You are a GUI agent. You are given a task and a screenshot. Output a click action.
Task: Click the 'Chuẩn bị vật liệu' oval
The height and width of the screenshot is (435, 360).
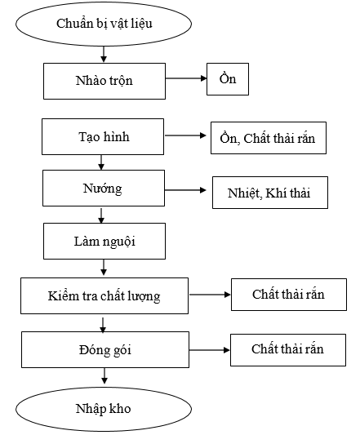click(x=104, y=24)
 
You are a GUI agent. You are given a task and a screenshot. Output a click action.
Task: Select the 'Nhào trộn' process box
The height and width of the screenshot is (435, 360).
click(x=104, y=81)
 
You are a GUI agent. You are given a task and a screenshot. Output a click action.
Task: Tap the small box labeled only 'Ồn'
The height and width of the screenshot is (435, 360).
click(x=228, y=79)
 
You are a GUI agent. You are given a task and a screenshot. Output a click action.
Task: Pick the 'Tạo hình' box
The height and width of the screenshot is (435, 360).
click(x=103, y=137)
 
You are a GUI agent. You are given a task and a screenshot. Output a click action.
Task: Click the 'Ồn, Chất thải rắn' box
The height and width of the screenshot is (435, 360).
click(x=269, y=138)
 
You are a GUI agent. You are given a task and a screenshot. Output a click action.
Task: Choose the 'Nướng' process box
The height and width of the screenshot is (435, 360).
click(x=104, y=188)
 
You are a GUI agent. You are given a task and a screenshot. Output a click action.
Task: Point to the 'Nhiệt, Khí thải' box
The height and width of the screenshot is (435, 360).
click(x=270, y=193)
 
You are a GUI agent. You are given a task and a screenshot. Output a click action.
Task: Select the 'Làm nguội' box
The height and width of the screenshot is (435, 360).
click(x=104, y=241)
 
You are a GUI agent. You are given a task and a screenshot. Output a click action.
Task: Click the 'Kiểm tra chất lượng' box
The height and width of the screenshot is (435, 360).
click(x=104, y=295)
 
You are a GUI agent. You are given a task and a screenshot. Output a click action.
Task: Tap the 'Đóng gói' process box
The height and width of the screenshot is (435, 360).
click(x=105, y=349)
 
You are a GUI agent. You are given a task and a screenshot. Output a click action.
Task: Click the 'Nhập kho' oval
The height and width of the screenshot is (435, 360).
click(x=104, y=409)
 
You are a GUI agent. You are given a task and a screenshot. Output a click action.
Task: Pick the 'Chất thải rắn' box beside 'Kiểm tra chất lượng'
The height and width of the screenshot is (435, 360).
click(x=289, y=295)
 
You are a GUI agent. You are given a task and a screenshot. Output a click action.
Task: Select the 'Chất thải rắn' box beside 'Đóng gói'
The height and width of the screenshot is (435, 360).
click(x=288, y=350)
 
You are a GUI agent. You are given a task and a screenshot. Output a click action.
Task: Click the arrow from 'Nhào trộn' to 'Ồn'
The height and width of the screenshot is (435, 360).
click(x=186, y=78)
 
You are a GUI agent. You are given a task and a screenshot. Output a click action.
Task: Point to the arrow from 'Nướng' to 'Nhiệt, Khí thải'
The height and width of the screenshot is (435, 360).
click(x=185, y=190)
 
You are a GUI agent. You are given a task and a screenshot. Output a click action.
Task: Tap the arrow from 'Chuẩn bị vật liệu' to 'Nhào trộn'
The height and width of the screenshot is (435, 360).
click(x=104, y=55)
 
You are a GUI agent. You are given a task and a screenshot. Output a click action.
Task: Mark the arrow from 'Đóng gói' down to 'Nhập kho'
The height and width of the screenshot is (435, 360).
click(x=104, y=376)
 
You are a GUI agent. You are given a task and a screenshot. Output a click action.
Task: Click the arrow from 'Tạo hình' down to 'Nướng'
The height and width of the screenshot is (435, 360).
click(x=101, y=162)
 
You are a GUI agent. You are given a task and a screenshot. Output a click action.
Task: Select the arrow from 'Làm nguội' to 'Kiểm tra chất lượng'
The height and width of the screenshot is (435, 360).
click(x=104, y=268)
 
